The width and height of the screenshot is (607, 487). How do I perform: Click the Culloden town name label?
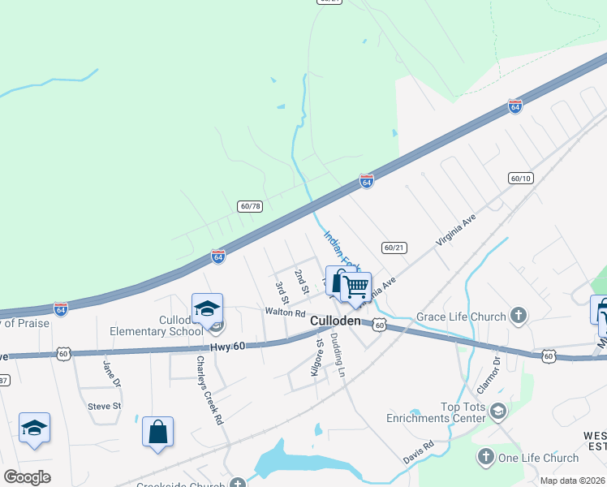point(335,321)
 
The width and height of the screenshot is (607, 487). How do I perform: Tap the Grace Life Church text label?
point(461,317)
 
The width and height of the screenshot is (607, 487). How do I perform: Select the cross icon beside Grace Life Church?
point(519,317)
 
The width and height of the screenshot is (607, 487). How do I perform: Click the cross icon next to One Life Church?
point(486,458)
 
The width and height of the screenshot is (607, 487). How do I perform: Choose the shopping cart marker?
point(355,287)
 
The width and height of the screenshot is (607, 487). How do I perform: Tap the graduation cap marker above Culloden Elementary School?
point(207,308)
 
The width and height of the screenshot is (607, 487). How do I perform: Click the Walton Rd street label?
point(284,312)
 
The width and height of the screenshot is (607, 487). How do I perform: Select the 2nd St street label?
point(303,281)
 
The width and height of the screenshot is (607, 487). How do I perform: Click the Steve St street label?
point(104,406)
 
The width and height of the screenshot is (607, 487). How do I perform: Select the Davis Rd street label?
point(419,453)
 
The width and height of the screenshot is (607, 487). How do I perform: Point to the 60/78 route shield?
point(250,206)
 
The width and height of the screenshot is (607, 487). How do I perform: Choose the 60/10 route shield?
point(521,178)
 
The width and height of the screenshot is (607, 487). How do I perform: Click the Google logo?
point(27,477)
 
